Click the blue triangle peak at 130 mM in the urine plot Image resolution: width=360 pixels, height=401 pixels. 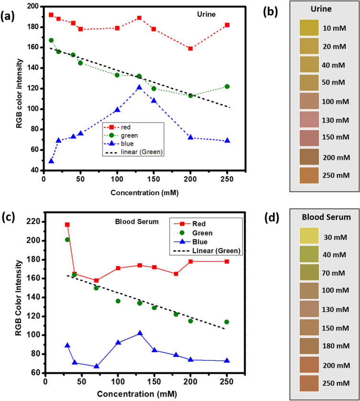click(x=139, y=87)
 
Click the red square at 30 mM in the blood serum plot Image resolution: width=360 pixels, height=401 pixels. click(x=67, y=224)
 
